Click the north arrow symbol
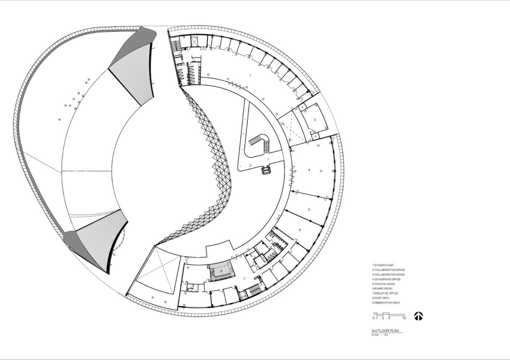point(418,316)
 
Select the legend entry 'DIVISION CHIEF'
point(384,265)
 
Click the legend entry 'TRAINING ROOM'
point(385,284)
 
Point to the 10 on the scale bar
point(404,318)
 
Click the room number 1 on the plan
point(250,75)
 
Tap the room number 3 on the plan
point(315,119)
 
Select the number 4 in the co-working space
point(309,170)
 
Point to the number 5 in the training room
point(309,209)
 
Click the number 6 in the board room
point(300,230)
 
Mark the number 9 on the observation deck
point(153,297)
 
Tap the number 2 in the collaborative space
point(250,165)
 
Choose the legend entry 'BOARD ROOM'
point(383,289)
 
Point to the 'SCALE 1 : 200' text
point(380,335)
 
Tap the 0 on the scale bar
point(374,318)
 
